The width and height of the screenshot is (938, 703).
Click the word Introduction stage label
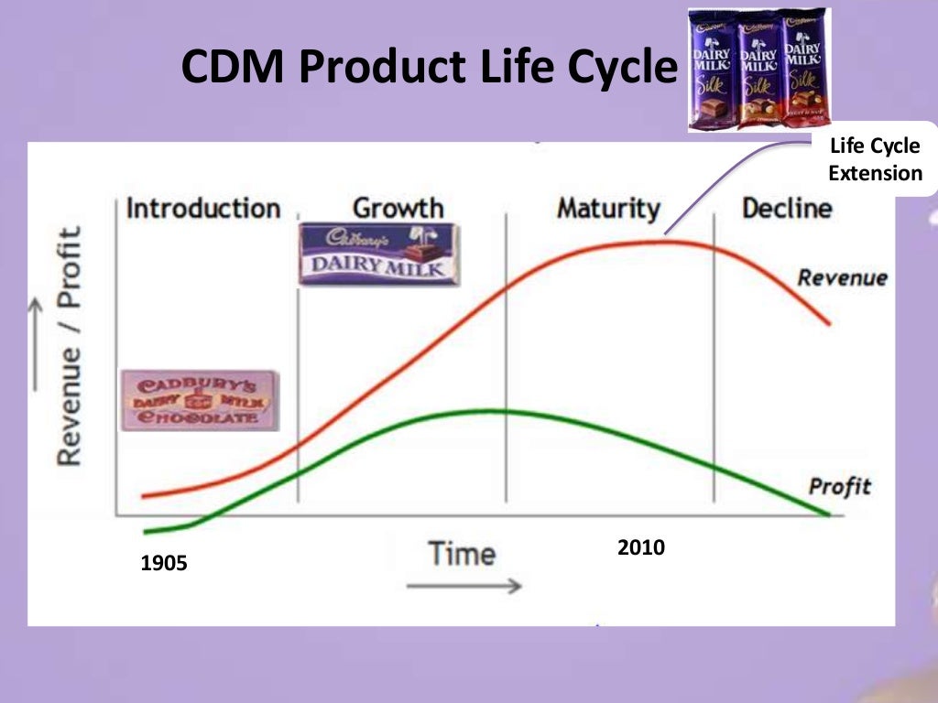[202, 208]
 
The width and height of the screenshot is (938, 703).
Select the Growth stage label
[398, 208]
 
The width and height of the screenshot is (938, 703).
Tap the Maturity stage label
[607, 208]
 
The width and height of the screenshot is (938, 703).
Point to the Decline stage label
[786, 208]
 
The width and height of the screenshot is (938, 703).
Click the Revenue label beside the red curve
[841, 277]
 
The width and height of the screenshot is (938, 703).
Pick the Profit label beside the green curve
[839, 486]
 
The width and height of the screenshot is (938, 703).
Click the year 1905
[164, 564]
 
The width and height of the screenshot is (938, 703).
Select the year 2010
[641, 548]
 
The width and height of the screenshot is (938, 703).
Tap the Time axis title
[462, 553]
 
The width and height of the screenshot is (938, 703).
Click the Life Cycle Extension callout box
[875, 160]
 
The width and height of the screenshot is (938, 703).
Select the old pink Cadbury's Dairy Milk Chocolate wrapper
[201, 400]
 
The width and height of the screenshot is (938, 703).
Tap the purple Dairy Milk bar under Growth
[378, 254]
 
